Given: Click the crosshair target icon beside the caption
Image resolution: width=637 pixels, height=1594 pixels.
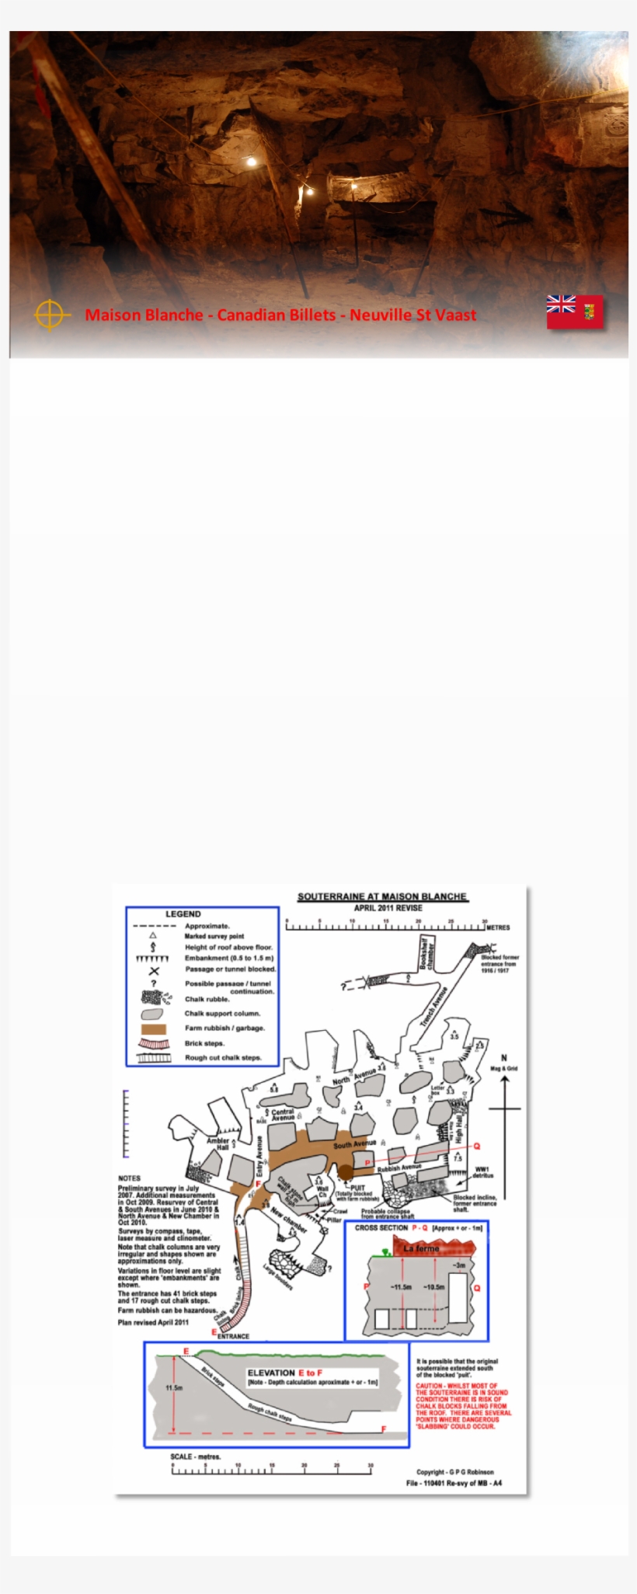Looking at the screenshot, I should tap(49, 315).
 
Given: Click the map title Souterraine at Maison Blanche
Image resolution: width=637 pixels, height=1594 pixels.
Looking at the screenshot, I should tap(382, 896).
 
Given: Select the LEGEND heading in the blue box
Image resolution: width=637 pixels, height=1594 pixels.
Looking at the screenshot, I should tap(183, 914).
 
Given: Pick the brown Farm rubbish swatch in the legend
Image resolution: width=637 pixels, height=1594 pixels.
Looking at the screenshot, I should tap(154, 1028).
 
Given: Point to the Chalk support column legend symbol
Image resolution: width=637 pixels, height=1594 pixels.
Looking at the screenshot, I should tap(152, 1014).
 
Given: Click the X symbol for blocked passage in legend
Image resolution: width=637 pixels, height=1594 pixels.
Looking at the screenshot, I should tap(154, 971).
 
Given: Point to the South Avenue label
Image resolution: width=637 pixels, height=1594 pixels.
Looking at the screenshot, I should tap(355, 1144).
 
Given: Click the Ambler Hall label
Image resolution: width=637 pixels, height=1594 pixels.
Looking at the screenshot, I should tap(218, 1144).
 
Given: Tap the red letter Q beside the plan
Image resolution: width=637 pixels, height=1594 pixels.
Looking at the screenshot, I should tap(477, 1146).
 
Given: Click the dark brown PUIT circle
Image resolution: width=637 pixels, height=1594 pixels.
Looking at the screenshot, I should tap(345, 1171).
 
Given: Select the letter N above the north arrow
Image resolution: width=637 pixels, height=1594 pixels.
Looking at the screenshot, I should tap(503, 1059).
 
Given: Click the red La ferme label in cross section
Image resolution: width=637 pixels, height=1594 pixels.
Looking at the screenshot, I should tap(421, 1248).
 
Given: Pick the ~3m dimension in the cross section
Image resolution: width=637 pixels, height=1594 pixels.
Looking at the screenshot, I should tap(460, 1265).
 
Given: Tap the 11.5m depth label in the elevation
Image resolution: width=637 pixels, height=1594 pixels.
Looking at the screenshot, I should tap(174, 1387).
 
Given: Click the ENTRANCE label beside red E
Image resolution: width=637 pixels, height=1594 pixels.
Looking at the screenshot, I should tap(233, 1336).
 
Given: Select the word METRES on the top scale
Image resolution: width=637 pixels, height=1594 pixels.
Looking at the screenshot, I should tap(498, 928).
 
